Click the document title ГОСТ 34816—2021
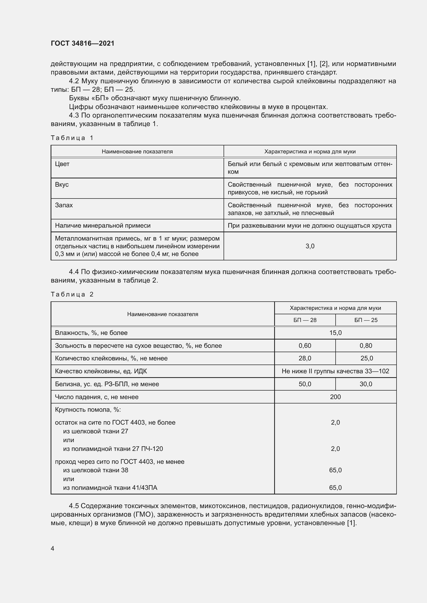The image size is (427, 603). (83, 43)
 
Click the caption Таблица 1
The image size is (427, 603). (72, 138)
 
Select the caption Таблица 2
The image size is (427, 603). (72, 294)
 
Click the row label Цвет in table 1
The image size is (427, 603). (62, 164)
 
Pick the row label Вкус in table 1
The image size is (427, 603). (62, 184)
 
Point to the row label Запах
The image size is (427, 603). (64, 205)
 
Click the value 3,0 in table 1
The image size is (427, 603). (310, 246)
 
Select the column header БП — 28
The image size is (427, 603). (305, 320)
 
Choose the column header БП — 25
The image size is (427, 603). (366, 320)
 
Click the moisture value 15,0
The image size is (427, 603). (335, 333)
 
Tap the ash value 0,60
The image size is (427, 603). (305, 346)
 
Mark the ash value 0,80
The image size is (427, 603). (366, 346)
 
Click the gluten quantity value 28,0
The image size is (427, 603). (305, 358)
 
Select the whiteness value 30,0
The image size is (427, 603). (366, 384)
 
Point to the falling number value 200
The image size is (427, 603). (335, 397)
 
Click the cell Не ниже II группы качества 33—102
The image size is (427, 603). (335, 371)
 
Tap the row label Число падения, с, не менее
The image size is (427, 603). (97, 397)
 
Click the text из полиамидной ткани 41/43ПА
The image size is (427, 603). (110, 488)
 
